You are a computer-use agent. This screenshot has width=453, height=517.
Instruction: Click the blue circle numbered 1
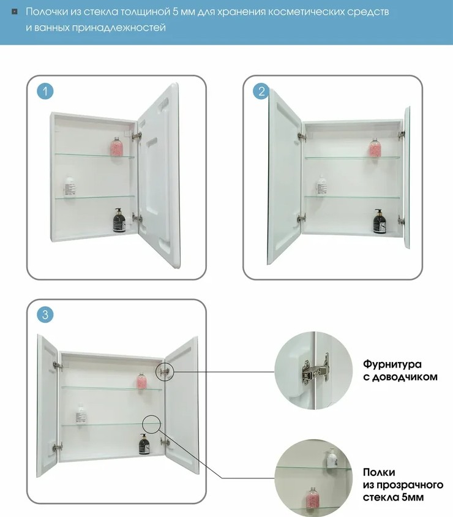45,91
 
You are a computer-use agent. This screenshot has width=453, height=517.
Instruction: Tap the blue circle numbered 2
261,91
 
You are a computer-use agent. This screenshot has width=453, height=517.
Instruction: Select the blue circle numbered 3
45,315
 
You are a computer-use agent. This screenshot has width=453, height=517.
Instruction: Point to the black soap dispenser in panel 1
119,220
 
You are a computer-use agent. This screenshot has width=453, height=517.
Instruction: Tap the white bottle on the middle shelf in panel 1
70,187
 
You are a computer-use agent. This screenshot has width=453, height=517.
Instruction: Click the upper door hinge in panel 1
137,136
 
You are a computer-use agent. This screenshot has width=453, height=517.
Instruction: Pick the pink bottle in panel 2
375,148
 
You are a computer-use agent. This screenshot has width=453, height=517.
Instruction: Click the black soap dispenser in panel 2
379,221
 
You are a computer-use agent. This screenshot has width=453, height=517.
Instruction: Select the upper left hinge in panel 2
302,136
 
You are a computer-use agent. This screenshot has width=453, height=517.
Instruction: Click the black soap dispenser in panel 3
143,444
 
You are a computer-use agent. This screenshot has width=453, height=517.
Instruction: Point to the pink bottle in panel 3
141,381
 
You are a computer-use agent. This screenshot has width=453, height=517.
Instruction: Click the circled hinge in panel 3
165,372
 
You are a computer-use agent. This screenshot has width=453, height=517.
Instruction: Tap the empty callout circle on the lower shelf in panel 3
152,423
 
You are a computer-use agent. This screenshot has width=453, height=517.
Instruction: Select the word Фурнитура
392,364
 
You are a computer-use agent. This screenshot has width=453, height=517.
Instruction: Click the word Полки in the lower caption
379,472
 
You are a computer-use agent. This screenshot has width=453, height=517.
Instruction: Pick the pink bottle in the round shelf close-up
312,496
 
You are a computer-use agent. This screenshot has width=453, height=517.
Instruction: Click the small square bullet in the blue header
15,12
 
